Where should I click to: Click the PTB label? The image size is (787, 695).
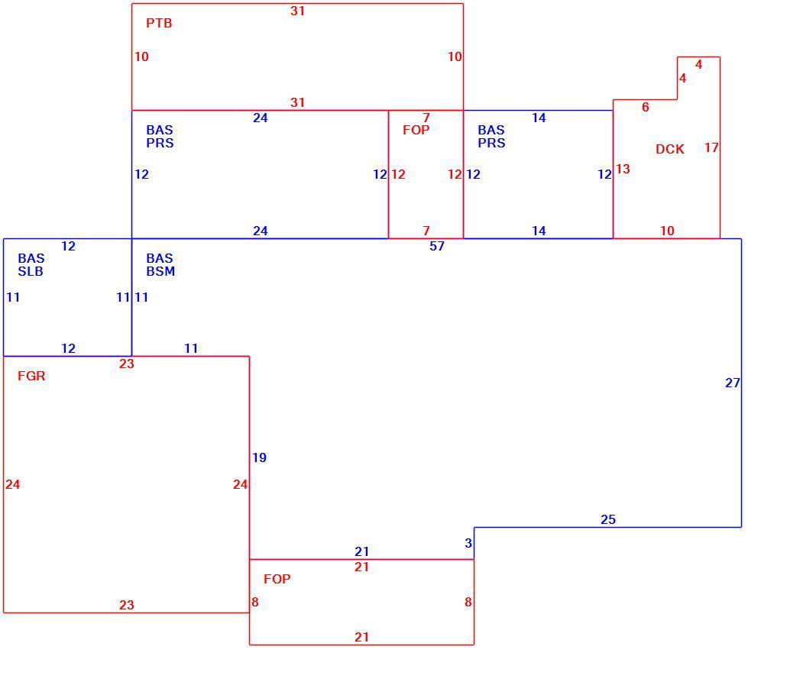pyautogui.click(x=159, y=23)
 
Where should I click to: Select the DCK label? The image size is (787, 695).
pyautogui.click(x=670, y=149)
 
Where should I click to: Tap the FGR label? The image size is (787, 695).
pyautogui.click(x=31, y=376)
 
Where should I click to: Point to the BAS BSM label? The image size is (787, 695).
pyautogui.click(x=160, y=265)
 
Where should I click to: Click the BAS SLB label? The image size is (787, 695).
pyautogui.click(x=31, y=265)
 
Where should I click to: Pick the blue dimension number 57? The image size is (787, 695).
pyautogui.click(x=437, y=247)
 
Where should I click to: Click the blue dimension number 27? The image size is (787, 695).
pyautogui.click(x=733, y=383)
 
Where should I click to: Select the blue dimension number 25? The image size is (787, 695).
pyautogui.click(x=608, y=519)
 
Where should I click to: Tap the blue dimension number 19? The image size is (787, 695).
pyautogui.click(x=260, y=457)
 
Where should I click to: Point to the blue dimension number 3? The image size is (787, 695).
pyautogui.click(x=468, y=543)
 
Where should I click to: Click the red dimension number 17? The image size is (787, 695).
pyautogui.click(x=711, y=147)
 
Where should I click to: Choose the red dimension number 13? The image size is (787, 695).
pyautogui.click(x=623, y=169)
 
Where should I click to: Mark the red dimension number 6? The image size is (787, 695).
pyautogui.click(x=646, y=107)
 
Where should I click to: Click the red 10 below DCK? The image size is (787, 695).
pyautogui.click(x=667, y=231)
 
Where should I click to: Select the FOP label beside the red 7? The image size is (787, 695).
pyautogui.click(x=416, y=130)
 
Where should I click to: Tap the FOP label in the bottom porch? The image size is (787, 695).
pyautogui.click(x=277, y=579)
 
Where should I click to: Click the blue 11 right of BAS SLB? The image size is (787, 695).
pyautogui.click(x=124, y=298)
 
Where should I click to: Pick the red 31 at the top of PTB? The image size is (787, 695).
pyautogui.click(x=298, y=11)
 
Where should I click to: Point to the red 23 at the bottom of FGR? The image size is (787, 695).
pyautogui.click(x=127, y=605)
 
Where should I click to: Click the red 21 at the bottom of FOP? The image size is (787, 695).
pyautogui.click(x=362, y=637)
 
